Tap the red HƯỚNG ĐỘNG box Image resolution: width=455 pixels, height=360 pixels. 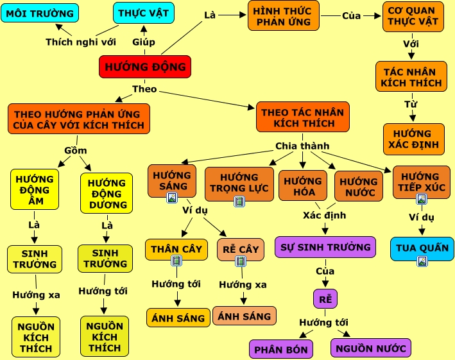pyautogui.click(x=144, y=67)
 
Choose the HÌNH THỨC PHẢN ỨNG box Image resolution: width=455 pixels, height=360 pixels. pyautogui.click(x=282, y=16)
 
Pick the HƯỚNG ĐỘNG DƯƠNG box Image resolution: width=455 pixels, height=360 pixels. pyautogui.click(x=106, y=193)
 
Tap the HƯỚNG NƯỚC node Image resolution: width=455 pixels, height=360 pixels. pyautogui.click(x=358, y=186)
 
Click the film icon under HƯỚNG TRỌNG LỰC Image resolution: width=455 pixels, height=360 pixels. pyautogui.click(x=239, y=201)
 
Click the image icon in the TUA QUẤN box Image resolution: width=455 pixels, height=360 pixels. pyautogui.click(x=422, y=261)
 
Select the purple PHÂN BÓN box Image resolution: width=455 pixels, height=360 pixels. pyautogui.click(x=281, y=350)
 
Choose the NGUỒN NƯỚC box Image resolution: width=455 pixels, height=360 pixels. pyautogui.click(x=370, y=348)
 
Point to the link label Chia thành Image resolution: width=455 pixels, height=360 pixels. pyautogui.click(x=302, y=146)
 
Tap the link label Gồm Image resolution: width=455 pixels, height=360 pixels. pyautogui.click(x=76, y=151)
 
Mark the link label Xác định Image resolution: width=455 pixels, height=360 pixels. pyautogui.click(x=324, y=216)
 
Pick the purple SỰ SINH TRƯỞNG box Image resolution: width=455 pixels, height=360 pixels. pyautogui.click(x=325, y=247)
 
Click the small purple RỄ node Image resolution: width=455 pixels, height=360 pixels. pyautogui.click(x=325, y=298)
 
